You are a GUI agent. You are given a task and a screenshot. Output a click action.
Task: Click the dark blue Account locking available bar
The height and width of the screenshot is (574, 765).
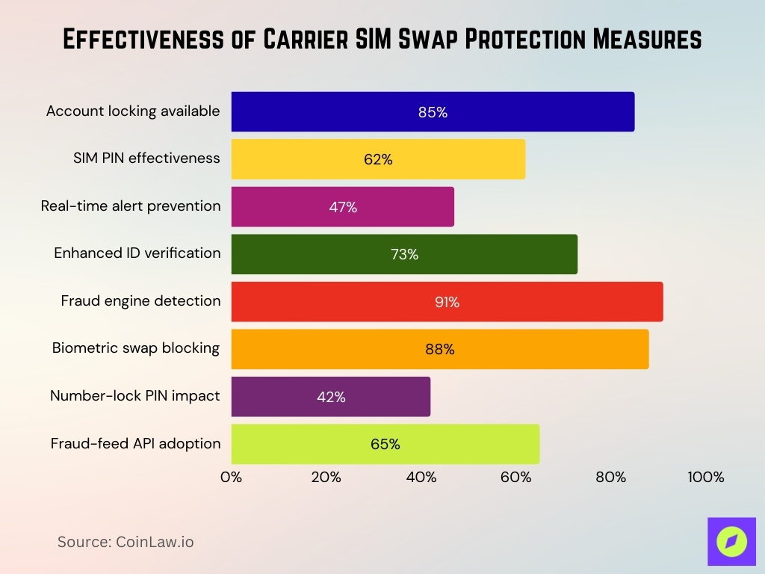[x=433, y=112]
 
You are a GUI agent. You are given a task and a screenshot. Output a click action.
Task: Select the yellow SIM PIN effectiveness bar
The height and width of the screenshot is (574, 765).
[x=378, y=159]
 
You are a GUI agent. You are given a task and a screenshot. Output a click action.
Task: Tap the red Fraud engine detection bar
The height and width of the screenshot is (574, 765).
[x=447, y=302]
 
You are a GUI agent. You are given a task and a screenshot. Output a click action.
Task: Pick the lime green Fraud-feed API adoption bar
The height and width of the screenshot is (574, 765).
[x=385, y=444]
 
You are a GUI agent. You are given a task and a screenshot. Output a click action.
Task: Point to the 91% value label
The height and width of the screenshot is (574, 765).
[x=447, y=302]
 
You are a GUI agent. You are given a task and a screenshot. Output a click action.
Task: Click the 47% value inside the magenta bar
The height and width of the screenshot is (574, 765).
[x=343, y=207]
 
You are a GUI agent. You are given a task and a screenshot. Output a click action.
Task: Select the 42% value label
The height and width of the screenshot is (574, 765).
[x=331, y=397]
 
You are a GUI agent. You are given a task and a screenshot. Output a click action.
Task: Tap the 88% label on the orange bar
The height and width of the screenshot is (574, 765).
[x=440, y=349]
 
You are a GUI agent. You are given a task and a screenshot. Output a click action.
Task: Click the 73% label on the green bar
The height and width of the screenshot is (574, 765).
[x=404, y=254]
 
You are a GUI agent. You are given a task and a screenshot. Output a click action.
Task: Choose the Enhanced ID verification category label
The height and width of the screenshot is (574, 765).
[x=137, y=253]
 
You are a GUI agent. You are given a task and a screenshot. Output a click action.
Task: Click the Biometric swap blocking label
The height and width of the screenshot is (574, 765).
[x=136, y=348]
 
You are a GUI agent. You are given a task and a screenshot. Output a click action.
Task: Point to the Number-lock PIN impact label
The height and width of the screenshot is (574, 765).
[x=135, y=395]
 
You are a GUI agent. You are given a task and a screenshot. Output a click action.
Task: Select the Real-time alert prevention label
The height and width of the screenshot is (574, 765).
[x=131, y=206]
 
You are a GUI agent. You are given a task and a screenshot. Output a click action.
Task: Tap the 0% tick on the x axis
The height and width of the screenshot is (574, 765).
[x=232, y=478]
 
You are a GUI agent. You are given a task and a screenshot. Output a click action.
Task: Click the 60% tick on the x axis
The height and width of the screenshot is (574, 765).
[x=515, y=478]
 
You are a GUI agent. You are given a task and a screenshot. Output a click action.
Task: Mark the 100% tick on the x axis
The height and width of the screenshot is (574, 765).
[x=705, y=478]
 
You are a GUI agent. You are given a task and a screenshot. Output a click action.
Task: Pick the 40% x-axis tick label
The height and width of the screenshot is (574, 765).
[x=421, y=478]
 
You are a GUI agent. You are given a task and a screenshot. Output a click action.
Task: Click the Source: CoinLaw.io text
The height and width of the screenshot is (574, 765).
[x=126, y=542]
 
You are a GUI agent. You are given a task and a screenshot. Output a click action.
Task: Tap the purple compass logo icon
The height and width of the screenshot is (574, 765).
[x=731, y=540]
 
